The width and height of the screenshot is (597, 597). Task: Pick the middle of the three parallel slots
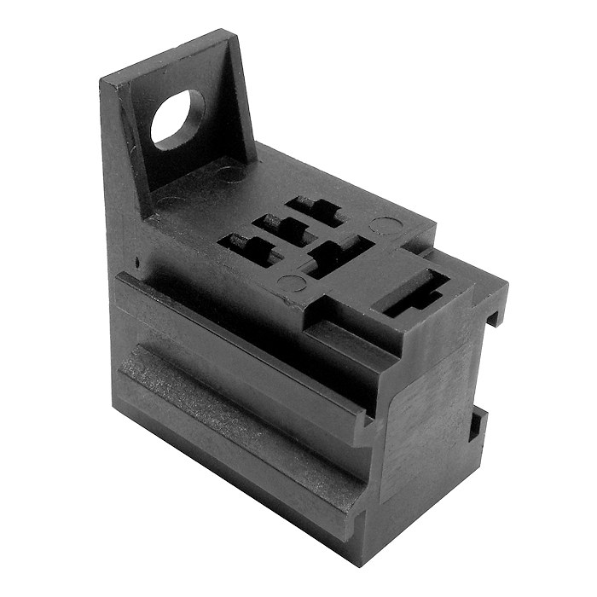286,228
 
